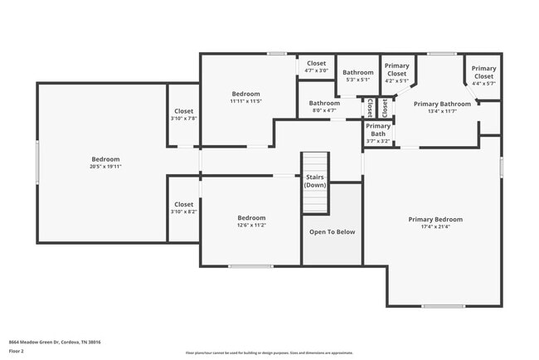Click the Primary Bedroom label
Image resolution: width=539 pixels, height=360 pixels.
435,220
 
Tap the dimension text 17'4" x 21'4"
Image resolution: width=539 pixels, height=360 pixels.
435,227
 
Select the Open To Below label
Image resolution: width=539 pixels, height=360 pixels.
332,231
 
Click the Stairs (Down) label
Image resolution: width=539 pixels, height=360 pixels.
315,181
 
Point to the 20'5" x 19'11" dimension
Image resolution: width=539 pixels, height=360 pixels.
105,167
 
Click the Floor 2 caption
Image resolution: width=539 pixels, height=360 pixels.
17,351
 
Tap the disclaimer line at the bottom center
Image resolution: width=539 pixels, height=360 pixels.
269,353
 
